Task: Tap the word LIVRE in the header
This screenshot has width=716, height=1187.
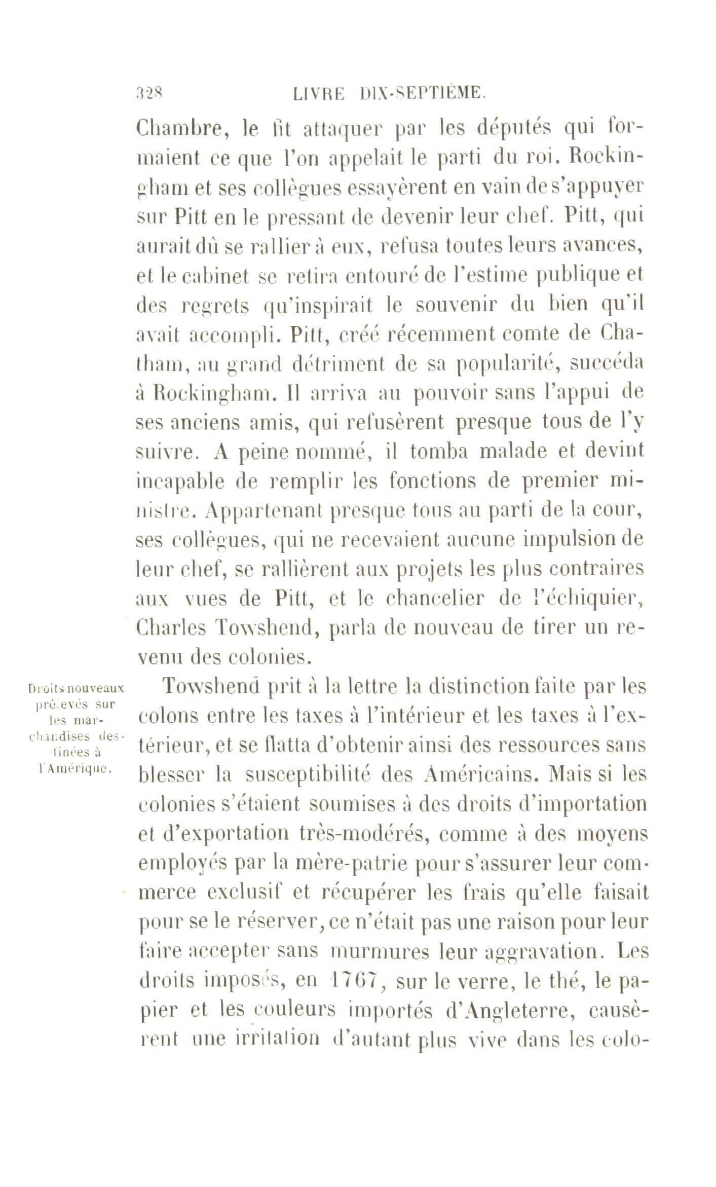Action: click(x=319, y=94)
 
